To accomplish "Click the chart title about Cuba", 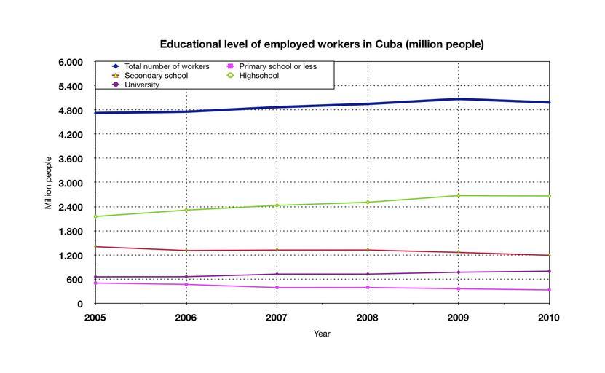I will (x=322, y=44).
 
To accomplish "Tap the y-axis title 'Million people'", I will (x=49, y=183).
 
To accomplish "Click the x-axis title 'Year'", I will (x=322, y=334).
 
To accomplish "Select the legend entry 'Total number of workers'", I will (x=167, y=66).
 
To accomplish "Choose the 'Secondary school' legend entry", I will (x=156, y=76).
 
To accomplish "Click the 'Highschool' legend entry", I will (x=263, y=76).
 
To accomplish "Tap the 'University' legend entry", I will (x=142, y=85).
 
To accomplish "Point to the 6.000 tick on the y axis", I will (x=71, y=63).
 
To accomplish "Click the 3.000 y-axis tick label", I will (x=71, y=183).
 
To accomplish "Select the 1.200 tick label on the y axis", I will (x=71, y=256).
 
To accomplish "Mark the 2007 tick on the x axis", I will (x=277, y=318).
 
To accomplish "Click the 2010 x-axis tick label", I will (x=549, y=318).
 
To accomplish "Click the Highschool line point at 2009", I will (x=459, y=195).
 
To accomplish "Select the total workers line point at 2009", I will (x=459, y=99).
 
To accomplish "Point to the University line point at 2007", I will (x=277, y=274).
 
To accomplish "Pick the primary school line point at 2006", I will (x=186, y=284).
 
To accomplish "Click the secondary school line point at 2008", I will (x=368, y=250).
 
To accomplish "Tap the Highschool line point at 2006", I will (x=186, y=210).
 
